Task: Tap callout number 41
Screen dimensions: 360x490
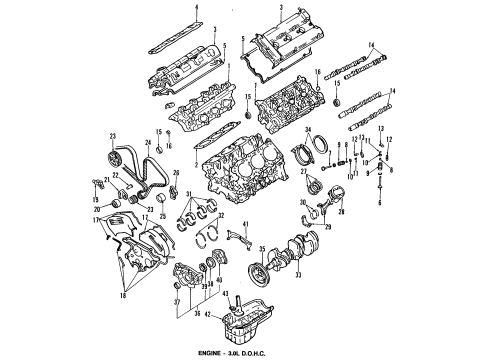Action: coord(246,226)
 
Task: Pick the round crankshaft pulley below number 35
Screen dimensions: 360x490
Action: coord(266,273)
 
